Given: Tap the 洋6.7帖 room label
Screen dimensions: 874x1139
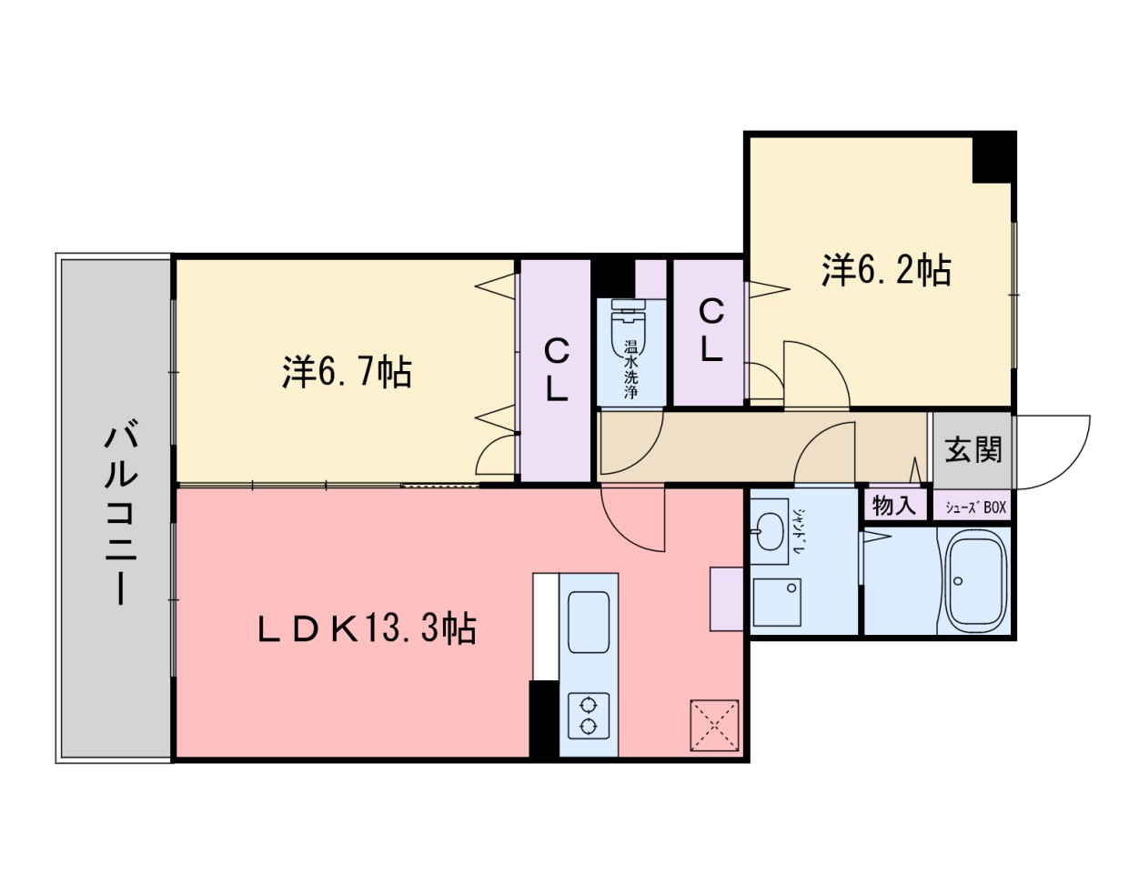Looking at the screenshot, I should click(347, 371).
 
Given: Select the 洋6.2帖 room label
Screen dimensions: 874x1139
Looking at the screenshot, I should click(886, 270).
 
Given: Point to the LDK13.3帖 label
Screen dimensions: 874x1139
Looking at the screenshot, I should click(367, 628).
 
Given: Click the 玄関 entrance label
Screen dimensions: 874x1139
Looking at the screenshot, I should click(973, 449).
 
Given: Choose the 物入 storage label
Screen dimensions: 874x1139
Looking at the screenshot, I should click(894, 505).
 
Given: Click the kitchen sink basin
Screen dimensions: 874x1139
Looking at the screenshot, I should click(589, 621).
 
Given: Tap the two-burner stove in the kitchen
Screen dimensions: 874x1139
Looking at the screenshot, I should click(589, 715).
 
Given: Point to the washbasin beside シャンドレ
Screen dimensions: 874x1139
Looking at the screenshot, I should click(768, 529).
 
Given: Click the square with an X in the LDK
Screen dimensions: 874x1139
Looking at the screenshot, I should click(713, 725).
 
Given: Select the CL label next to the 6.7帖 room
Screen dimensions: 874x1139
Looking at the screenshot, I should click(556, 369).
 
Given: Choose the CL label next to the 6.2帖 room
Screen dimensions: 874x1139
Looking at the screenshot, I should click(711, 330).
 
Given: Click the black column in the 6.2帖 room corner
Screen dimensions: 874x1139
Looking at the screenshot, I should click(993, 157).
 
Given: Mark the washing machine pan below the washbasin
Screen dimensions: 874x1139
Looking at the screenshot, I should click(776, 601).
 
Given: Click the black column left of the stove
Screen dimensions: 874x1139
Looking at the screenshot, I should click(543, 718).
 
